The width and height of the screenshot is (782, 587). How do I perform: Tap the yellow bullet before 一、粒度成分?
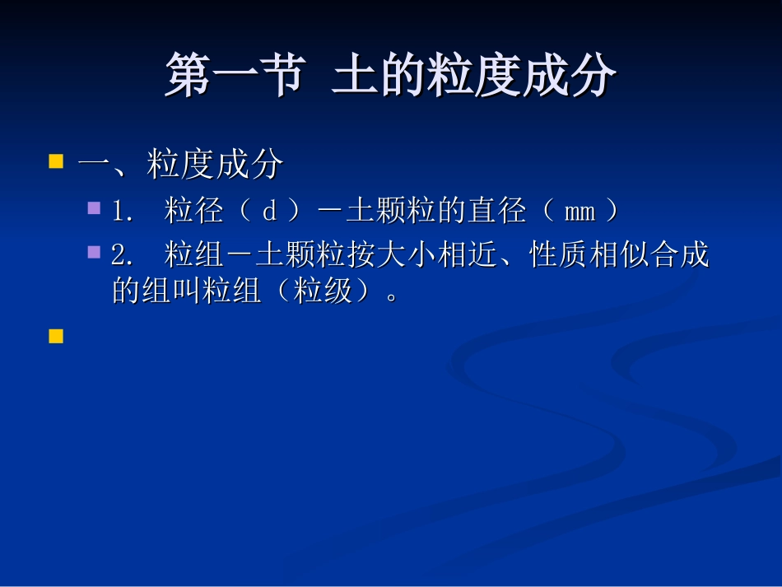click(x=56, y=161)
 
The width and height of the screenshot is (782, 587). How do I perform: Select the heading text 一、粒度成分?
click(x=180, y=165)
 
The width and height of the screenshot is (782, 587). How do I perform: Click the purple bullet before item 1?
click(x=95, y=207)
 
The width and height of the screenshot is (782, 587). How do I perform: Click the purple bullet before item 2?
click(x=95, y=251)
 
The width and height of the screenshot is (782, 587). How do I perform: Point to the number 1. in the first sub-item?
click(x=123, y=212)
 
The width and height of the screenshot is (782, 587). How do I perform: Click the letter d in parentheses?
click(x=269, y=212)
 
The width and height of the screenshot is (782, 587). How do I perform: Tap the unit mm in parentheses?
click(x=580, y=212)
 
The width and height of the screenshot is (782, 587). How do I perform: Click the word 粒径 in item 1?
click(x=193, y=212)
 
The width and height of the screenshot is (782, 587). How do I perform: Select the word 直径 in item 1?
click(x=496, y=212)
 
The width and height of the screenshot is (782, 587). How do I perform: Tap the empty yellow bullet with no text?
click(x=56, y=336)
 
